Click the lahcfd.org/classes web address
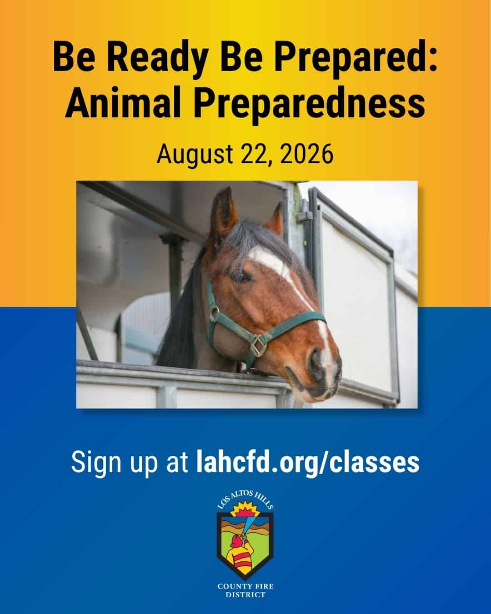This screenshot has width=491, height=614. coord(308,462)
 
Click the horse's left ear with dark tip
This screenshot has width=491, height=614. coord(224,210)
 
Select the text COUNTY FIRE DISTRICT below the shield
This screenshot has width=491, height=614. coord(245,590)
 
